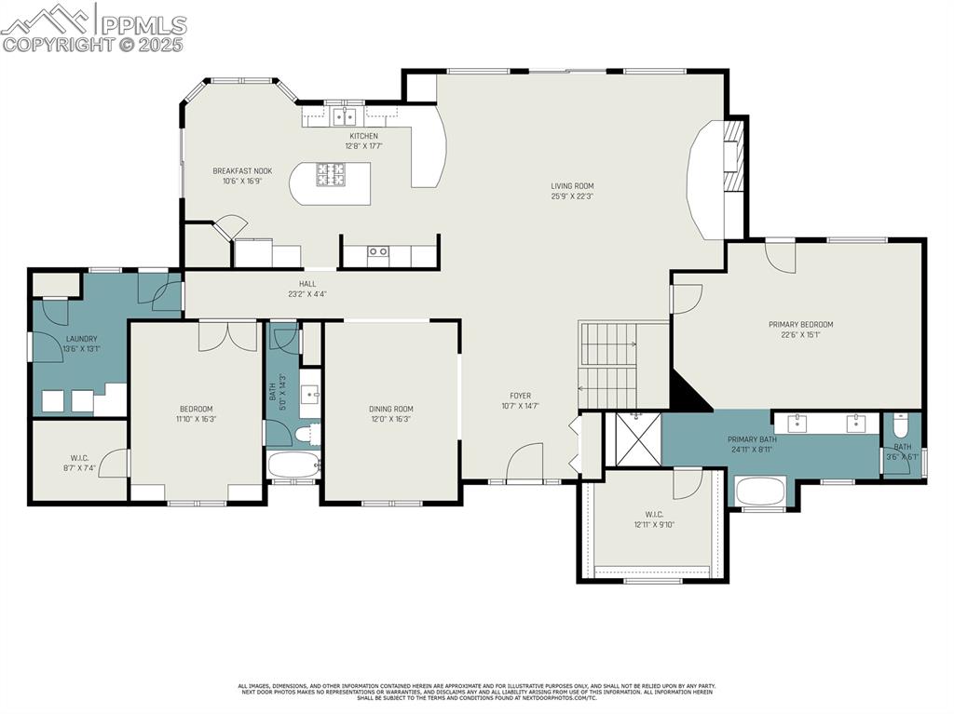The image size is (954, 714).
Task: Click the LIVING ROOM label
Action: coord(571,186)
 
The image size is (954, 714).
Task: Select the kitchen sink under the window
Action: coord(346,116)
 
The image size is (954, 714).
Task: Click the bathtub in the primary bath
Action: coord(761,491)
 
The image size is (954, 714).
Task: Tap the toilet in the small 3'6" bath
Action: coord(900,426)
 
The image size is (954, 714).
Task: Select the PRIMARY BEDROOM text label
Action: coord(800,325)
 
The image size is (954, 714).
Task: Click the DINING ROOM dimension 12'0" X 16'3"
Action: coord(390,419)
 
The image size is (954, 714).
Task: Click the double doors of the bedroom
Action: coord(228,336)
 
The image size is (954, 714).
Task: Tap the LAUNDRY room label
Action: coord(81,339)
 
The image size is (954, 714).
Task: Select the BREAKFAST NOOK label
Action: coord(241,171)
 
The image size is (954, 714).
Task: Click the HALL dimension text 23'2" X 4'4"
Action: coord(307,294)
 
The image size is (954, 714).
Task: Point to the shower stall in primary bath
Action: coord(634,439)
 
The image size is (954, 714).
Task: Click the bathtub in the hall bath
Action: coord(293,465)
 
